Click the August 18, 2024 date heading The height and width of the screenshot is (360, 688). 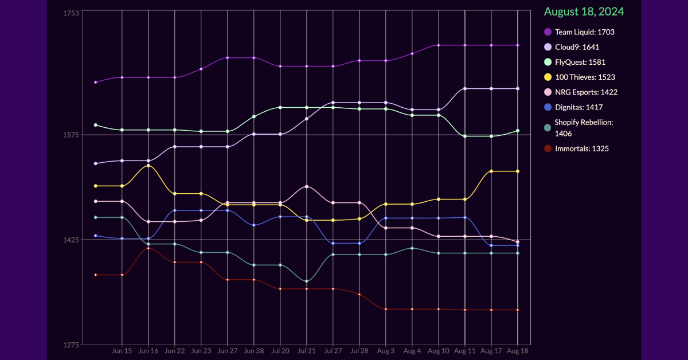pos(584,11)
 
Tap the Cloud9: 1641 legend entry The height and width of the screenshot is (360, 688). pos(577,47)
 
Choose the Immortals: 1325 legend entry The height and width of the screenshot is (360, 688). pos(581,148)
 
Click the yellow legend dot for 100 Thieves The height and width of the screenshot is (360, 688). pos(548,77)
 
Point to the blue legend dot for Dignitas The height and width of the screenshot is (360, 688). pos(548,107)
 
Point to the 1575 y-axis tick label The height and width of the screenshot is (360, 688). pos(71,135)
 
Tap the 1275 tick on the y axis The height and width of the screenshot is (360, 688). pos(71,345)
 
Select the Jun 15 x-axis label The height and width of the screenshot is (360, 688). pos(122,350)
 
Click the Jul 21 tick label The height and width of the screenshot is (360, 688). pos(307,350)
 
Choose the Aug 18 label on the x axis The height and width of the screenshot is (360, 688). pos(518,350)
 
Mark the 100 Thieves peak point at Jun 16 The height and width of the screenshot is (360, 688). pos(148,166)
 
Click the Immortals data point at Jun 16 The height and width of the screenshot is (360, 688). pos(148,248)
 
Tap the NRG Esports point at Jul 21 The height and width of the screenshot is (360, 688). pos(307,187)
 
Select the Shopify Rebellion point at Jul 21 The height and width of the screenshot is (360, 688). pos(307,281)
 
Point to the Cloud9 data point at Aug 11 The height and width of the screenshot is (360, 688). pos(465,89)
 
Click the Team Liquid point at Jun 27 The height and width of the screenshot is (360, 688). pos(228,58)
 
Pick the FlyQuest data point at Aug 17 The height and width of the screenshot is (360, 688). pos(491,136)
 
